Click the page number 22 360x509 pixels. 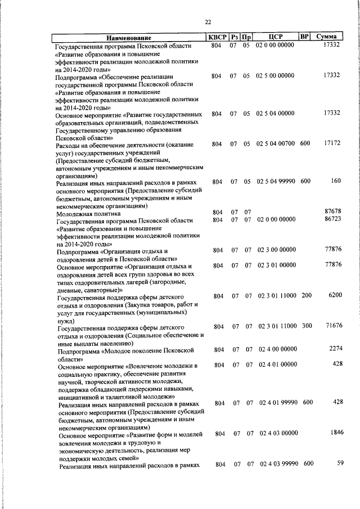(x=208, y=22)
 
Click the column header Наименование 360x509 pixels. (x=131, y=37)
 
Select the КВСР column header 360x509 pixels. (x=217, y=37)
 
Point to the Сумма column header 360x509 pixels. (x=326, y=37)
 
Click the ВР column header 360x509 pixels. (x=304, y=37)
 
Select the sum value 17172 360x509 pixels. (x=332, y=144)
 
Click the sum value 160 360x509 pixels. (x=336, y=181)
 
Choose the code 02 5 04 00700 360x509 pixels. (x=276, y=144)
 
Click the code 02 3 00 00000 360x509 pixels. (x=276, y=249)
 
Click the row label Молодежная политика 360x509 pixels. (x=88, y=214)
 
